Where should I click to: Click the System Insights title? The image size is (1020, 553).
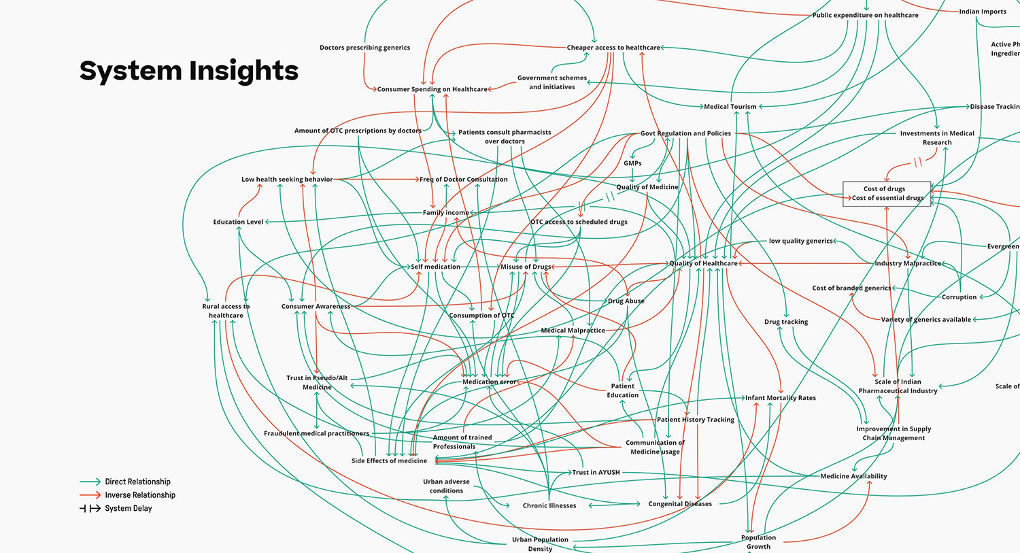189,71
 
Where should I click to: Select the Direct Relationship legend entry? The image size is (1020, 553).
137,482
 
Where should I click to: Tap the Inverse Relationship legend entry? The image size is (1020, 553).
139,495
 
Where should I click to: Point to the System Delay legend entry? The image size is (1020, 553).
128,508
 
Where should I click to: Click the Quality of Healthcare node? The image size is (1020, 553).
703,263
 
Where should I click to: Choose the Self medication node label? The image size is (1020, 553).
436,267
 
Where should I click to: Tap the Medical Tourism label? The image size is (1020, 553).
730,107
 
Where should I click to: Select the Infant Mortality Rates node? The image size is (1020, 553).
781,398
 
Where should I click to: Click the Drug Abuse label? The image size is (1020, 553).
626,301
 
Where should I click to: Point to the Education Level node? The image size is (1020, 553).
238,222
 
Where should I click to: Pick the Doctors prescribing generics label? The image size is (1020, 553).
364,48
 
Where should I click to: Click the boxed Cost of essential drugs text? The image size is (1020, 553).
887,198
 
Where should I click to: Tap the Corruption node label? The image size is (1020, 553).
959,297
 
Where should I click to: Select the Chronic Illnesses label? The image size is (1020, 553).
549,505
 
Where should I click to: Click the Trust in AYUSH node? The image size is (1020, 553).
596,472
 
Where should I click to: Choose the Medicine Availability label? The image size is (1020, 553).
853,476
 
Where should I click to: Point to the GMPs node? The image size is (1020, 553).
632,163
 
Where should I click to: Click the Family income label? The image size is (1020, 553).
445,213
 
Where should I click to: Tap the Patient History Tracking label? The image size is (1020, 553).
696,420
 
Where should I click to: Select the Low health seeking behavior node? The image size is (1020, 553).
287,180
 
